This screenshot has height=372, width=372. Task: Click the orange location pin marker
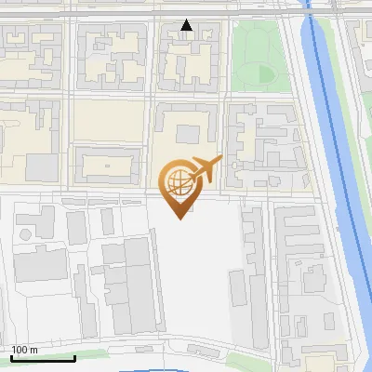(179, 186)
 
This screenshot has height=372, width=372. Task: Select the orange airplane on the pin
(207, 169)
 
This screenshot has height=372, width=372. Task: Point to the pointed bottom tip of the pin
(179, 218)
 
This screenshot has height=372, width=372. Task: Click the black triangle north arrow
(187, 26)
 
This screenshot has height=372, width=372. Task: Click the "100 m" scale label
(24, 351)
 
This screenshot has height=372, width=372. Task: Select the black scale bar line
(43, 358)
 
